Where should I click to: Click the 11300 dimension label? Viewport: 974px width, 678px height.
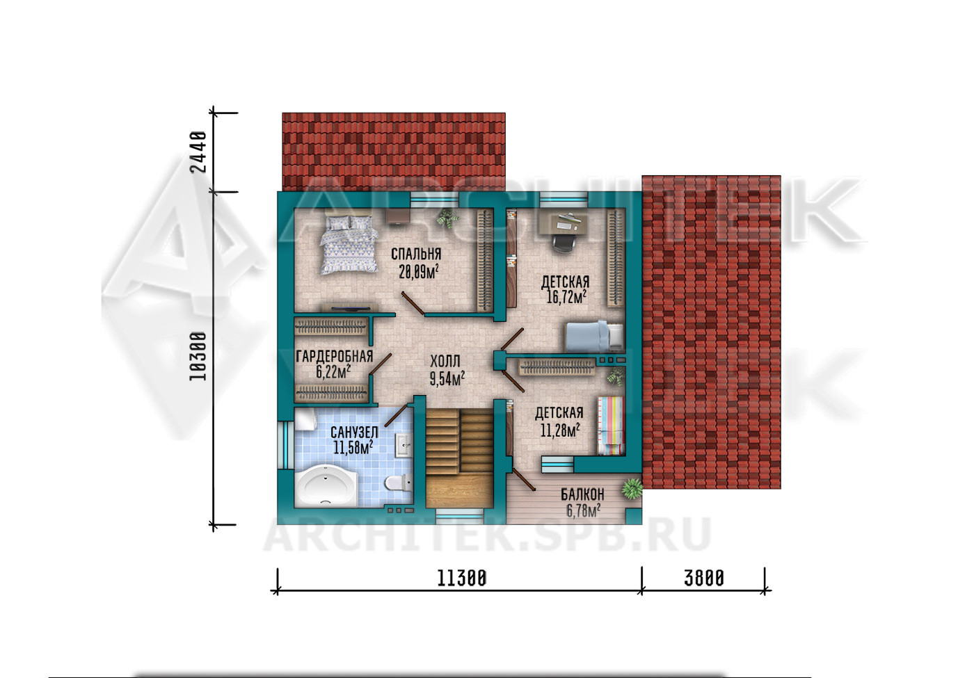[461, 579]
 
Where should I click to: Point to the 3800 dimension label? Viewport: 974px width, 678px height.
[704, 579]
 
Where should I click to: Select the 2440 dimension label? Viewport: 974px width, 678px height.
[198, 152]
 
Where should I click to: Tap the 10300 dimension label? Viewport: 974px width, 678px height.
[198, 356]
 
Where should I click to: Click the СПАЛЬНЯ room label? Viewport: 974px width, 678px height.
[416, 255]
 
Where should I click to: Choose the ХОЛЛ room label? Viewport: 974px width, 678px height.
[445, 361]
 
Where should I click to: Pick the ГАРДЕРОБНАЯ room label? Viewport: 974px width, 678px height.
[335, 356]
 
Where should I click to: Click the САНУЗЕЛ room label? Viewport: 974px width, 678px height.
[354, 432]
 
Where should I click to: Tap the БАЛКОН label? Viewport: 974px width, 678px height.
[582, 494]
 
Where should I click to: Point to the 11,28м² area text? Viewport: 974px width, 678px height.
[560, 430]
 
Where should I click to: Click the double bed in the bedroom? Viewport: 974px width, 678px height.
[349, 243]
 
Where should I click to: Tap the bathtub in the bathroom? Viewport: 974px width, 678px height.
[326, 485]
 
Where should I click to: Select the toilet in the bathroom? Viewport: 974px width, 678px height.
[398, 483]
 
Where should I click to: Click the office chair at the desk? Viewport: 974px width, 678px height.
[564, 243]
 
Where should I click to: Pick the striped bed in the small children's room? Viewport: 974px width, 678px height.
[611, 426]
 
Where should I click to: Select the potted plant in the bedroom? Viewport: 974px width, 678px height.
[447, 218]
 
